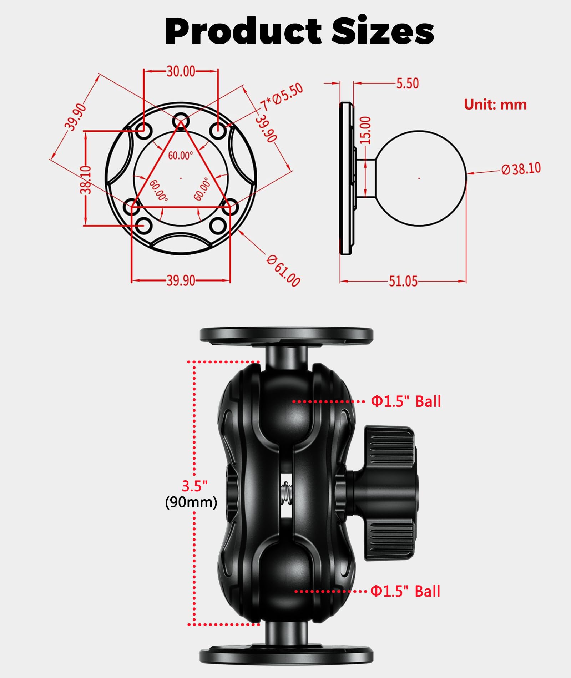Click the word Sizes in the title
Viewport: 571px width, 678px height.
coord(383,31)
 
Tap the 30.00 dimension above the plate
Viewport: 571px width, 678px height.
coord(181,71)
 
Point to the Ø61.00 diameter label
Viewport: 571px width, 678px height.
coord(284,271)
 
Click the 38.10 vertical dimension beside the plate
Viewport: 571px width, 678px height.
coord(86,179)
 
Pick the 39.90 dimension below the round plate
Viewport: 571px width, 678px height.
coord(181,281)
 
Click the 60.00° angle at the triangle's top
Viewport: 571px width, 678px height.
coord(181,156)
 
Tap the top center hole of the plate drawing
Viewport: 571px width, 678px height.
coord(181,121)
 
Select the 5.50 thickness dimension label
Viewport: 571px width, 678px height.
coord(407,84)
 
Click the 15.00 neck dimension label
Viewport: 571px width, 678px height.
coord(365,130)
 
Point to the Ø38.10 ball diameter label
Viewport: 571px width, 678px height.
coord(521,169)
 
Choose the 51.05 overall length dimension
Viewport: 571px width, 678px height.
coord(403,282)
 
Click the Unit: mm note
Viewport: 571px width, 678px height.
coord(495,105)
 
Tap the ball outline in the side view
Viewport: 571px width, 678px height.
coord(420,178)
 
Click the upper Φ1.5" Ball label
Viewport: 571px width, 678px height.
coord(406,401)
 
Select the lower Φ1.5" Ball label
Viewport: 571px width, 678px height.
coord(405,591)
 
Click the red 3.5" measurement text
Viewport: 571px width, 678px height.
coord(194,486)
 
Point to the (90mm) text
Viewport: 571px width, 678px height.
coord(191,502)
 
